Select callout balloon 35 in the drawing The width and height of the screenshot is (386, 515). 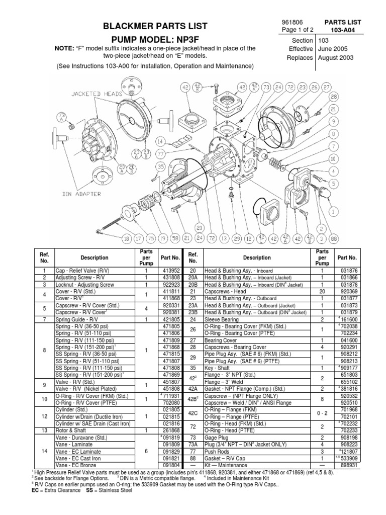point(160,166)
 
